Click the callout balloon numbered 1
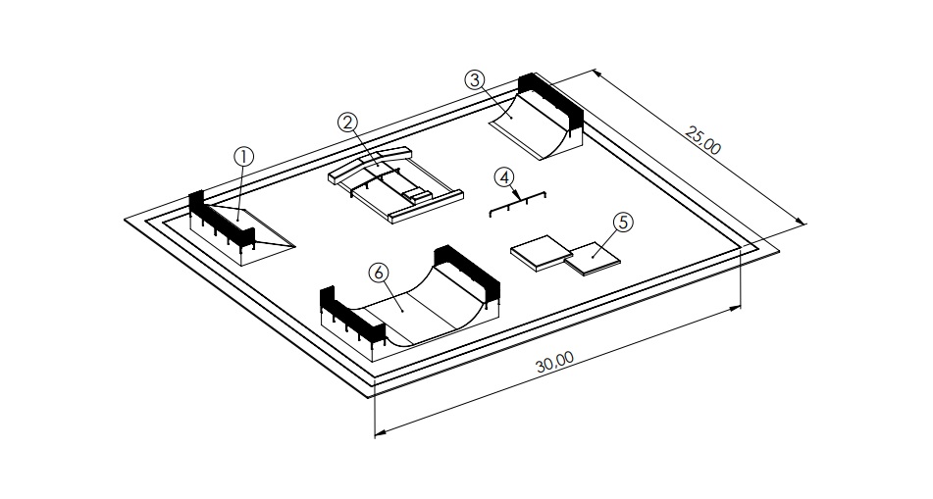coord(243,155)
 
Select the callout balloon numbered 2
coord(346,122)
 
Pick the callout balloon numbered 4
coord(504,176)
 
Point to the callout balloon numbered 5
coord(622,222)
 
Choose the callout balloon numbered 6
coord(379,270)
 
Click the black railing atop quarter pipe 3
coord(552,98)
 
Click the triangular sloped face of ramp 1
coord(270,235)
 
